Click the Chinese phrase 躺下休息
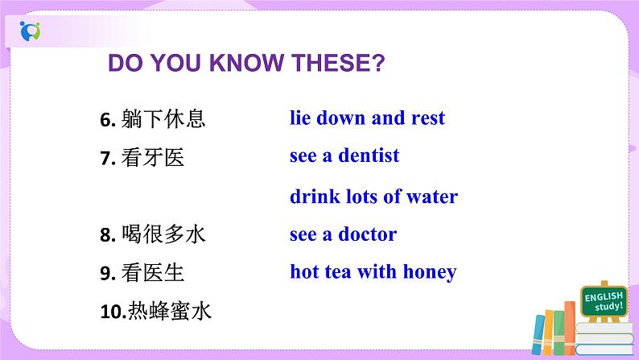click(163, 120)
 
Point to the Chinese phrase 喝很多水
click(163, 235)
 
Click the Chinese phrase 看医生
click(153, 274)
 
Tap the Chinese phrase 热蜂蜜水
click(169, 312)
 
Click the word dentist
click(368, 155)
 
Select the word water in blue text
click(431, 197)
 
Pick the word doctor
click(367, 235)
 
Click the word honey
click(429, 272)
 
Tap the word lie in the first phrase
click(301, 118)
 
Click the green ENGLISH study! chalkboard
click(604, 303)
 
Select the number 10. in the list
click(110, 312)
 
